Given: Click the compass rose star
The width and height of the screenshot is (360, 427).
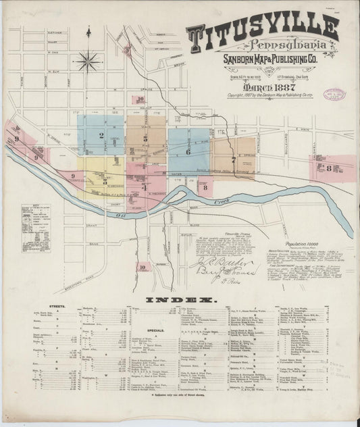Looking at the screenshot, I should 88,61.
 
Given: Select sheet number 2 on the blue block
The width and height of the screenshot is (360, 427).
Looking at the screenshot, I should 101,135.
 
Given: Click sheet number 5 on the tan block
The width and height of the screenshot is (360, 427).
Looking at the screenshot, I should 146,138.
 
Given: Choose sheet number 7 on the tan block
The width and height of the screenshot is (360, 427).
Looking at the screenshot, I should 234,160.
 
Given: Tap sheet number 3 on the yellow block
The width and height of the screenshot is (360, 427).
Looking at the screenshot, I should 105,181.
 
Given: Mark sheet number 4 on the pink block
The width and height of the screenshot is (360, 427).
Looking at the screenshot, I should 143,186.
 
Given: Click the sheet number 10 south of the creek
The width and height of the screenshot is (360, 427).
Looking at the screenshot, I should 143,267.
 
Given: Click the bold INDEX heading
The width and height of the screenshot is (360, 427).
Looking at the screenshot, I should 179,299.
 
